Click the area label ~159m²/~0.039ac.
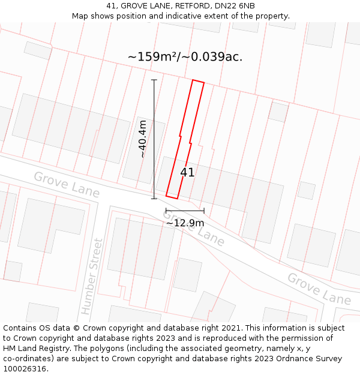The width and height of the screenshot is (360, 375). pyautogui.click(x=185, y=57)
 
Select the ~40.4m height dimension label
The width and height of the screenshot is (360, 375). pyautogui.click(x=142, y=139)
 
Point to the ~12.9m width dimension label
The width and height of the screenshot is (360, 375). pyautogui.click(x=185, y=223)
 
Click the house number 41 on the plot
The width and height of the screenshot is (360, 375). pyautogui.click(x=187, y=172)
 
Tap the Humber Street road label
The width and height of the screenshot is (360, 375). pyautogui.click(x=92, y=277)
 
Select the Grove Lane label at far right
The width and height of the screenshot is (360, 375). pyautogui.click(x=319, y=289)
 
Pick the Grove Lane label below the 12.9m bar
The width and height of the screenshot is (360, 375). pyautogui.click(x=194, y=229)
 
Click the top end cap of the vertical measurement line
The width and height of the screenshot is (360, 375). pyautogui.click(x=154, y=80)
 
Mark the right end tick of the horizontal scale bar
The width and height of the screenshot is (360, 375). pyautogui.click(x=204, y=211)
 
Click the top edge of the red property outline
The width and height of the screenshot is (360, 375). pyautogui.click(x=198, y=81)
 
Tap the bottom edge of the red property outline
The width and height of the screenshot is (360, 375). pyautogui.click(x=172, y=197)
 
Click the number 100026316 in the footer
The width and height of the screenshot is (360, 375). pyautogui.click(x=24, y=369)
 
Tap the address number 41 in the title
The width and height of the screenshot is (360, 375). pyautogui.click(x=111, y=5)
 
